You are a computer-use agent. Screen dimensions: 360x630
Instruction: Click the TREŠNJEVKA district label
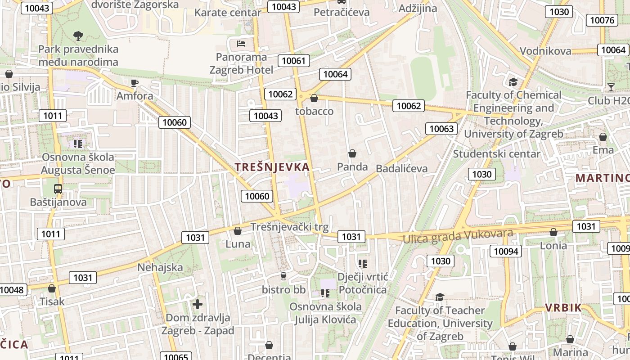272,167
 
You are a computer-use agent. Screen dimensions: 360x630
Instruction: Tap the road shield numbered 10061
294,61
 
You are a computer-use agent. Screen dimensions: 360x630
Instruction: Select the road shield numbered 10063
441,129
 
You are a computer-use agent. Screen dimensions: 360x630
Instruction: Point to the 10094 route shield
506,251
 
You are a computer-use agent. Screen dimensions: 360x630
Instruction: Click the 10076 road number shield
602,20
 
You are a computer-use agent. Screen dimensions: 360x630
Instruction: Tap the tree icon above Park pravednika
78,36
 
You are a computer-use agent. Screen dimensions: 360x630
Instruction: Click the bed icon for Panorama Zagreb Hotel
241,44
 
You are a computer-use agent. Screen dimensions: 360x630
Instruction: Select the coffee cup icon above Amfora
134,83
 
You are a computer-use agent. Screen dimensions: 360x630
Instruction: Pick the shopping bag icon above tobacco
314,98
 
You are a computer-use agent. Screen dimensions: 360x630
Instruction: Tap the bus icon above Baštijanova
58,189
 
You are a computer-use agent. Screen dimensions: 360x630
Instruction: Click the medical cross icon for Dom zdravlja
198,304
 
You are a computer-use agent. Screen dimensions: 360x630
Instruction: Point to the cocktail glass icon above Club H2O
611,87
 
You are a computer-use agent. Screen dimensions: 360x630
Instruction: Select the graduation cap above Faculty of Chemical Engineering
513,82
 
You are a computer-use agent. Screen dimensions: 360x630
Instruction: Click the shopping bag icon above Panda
352,154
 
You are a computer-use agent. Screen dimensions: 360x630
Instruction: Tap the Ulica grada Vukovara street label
458,236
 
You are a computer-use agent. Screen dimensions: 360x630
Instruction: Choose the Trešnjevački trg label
289,227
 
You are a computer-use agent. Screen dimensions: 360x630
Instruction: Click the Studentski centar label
496,154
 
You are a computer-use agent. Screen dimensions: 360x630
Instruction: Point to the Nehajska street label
160,267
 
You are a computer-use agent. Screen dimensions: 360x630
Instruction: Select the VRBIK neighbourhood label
563,308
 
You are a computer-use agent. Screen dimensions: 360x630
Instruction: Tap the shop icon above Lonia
553,232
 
